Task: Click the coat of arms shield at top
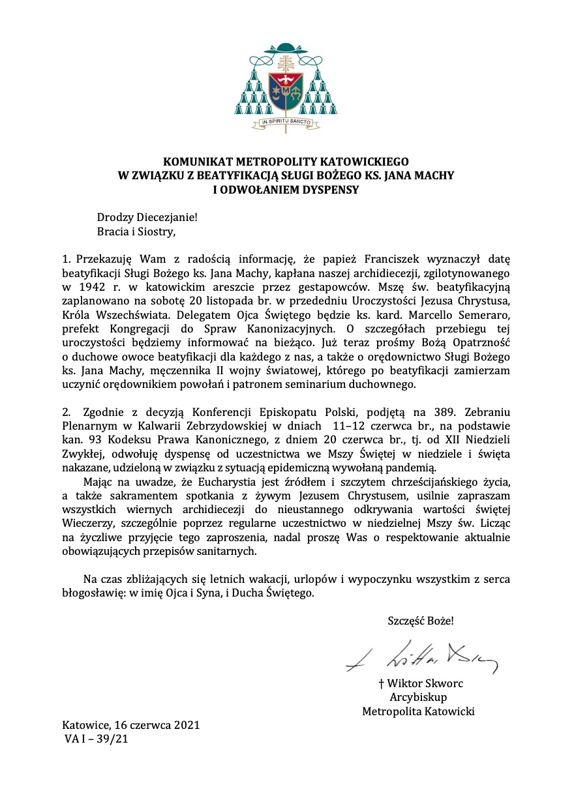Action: pyautogui.click(x=286, y=91)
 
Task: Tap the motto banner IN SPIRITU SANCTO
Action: pyautogui.click(x=286, y=121)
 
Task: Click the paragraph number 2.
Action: pyautogui.click(x=65, y=413)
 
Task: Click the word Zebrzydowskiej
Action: pyautogui.click(x=194, y=427)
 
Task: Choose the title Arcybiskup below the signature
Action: pyautogui.click(x=417, y=698)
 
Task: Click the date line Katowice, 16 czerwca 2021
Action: pyautogui.click(x=131, y=725)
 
